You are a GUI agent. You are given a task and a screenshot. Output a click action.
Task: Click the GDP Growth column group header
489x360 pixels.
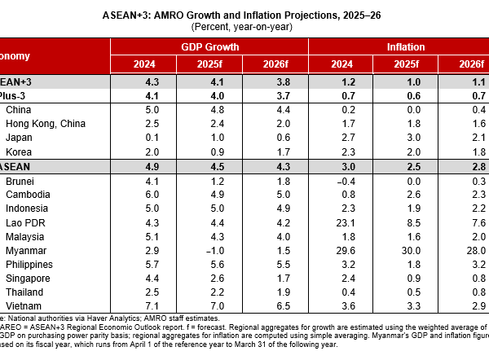pyautogui.click(x=211, y=48)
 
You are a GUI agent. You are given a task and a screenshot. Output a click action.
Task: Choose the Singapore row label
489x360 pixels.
pyautogui.click(x=28, y=279)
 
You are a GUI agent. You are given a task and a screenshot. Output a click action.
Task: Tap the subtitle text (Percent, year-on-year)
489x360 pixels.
pyautogui.click(x=242, y=27)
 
